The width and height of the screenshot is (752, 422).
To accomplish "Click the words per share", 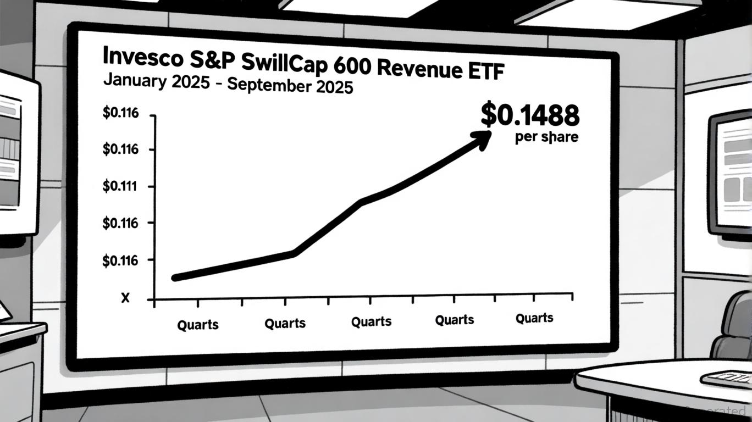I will [x=546, y=137].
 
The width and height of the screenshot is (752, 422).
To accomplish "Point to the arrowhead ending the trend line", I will [x=483, y=137].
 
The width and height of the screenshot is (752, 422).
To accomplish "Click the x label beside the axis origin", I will [x=125, y=298].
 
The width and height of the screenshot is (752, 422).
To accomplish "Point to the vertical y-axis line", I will [x=154, y=209].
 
